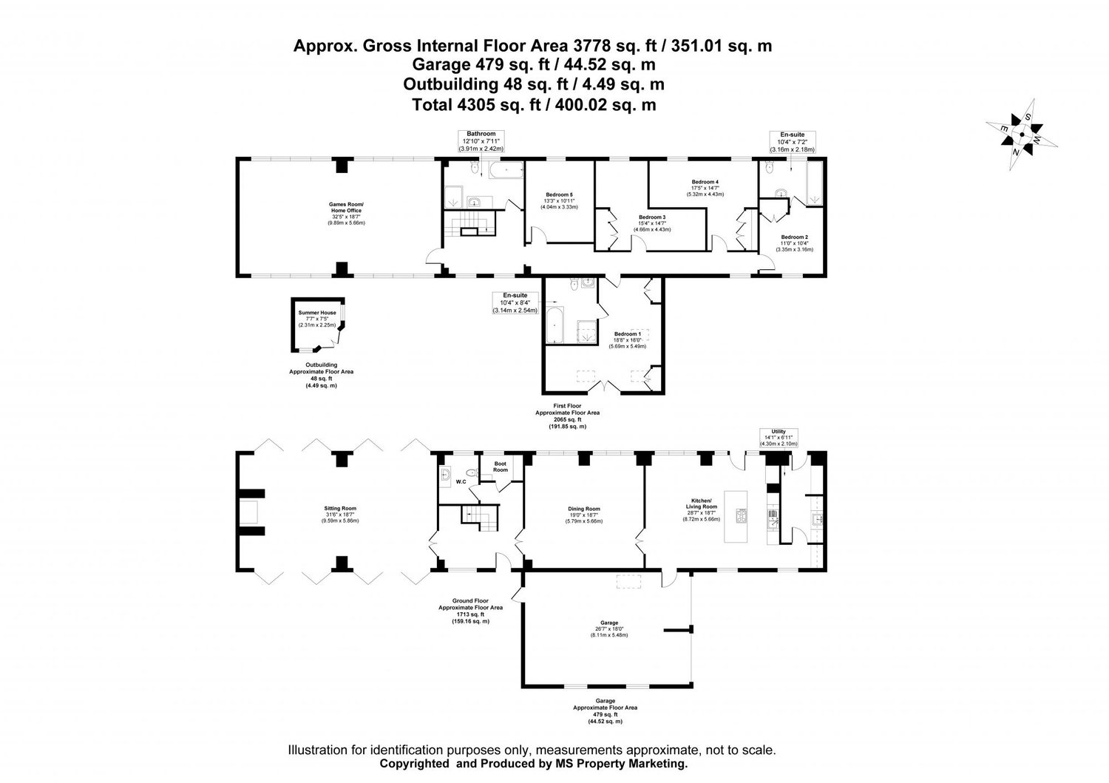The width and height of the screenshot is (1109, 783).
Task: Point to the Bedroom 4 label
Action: point(705,188)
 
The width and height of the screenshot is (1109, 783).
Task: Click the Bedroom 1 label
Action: point(627,340)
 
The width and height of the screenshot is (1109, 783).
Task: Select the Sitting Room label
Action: point(340,514)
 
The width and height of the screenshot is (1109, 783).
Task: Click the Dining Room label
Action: point(584,514)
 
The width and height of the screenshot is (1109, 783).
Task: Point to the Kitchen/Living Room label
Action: point(700,509)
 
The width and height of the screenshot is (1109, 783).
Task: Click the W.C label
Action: point(461,481)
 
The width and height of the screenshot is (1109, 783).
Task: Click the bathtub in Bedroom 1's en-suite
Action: point(554,326)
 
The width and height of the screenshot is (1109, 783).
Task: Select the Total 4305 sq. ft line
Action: point(533,105)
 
